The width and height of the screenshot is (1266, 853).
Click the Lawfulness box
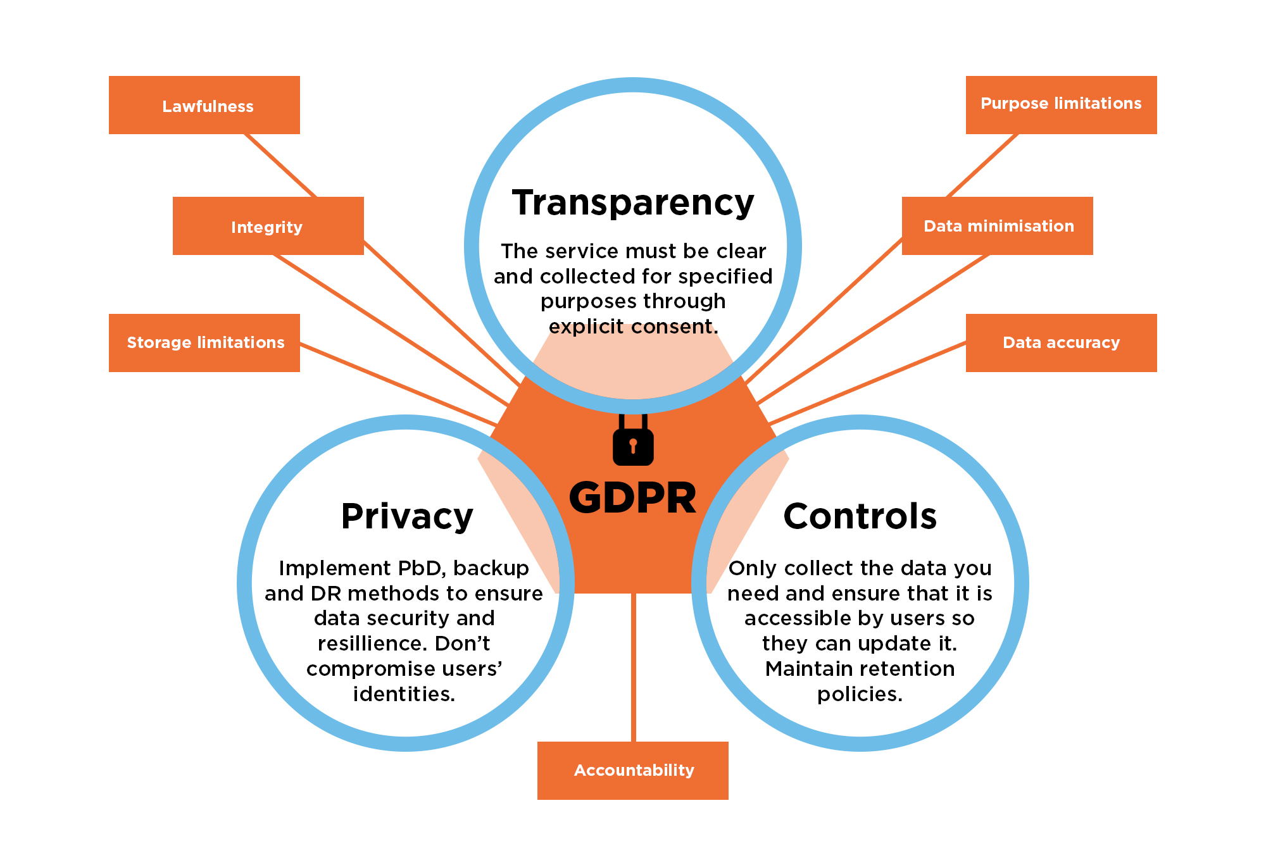click(204, 105)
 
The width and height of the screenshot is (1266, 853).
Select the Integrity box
click(268, 226)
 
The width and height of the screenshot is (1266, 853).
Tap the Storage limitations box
click(204, 342)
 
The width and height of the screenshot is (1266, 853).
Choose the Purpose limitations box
click(1061, 104)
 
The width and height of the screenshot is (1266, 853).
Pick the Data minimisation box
click(998, 226)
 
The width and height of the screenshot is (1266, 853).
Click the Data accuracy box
click(1061, 342)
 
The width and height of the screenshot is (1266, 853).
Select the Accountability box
click(633, 770)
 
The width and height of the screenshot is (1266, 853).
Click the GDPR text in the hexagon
click(633, 498)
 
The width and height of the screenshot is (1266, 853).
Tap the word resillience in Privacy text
click(363, 644)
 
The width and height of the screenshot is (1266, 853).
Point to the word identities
click(404, 694)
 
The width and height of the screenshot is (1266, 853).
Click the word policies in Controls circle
click(859, 694)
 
